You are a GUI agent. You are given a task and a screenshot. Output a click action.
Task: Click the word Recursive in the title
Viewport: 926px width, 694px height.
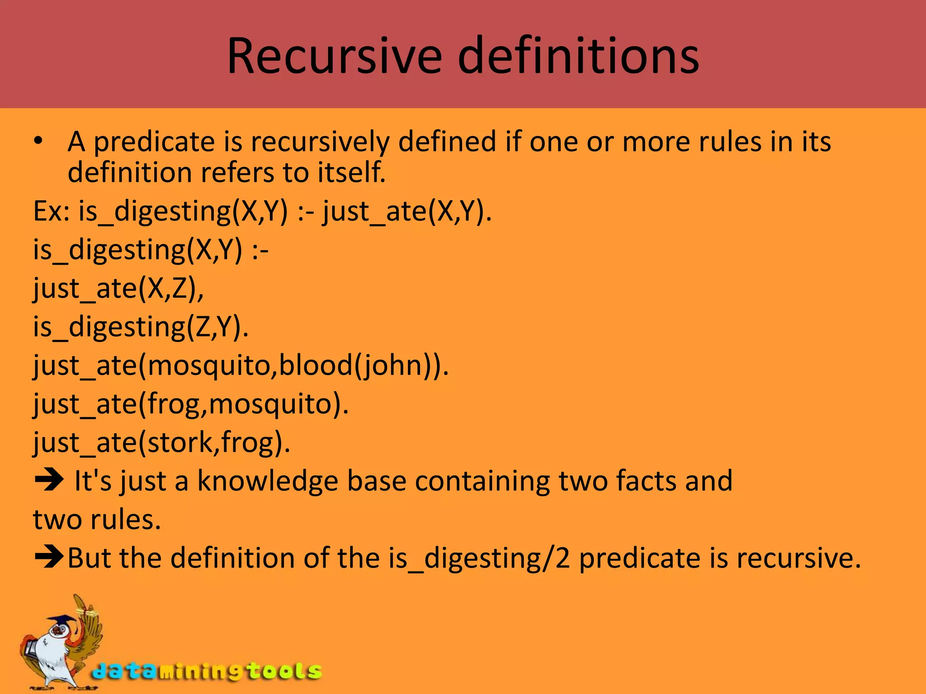(x=334, y=56)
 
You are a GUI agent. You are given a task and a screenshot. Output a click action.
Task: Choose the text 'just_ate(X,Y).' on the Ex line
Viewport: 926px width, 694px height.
(x=407, y=211)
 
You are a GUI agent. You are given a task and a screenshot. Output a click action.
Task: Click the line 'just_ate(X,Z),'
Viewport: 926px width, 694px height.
(x=118, y=288)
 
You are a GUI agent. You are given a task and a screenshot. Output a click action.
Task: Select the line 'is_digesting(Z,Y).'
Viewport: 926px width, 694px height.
(x=141, y=326)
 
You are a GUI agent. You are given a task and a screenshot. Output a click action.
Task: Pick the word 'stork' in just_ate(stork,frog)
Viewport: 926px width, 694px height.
(x=180, y=441)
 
